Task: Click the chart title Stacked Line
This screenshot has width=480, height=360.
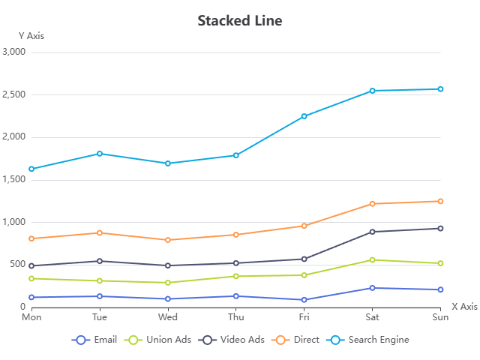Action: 240,20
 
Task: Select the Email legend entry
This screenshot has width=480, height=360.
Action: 95,340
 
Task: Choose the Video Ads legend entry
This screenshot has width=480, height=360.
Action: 231,340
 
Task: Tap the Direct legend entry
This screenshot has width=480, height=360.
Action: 297,340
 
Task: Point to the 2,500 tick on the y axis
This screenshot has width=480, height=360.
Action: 14,94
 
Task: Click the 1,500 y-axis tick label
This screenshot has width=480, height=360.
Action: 14,180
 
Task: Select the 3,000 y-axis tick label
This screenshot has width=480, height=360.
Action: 14,52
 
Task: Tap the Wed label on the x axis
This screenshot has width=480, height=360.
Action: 168,317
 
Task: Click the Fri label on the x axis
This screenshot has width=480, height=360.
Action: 304,317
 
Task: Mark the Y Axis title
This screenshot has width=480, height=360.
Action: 31,35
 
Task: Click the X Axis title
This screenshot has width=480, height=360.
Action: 464,307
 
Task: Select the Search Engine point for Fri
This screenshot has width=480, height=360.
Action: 304,116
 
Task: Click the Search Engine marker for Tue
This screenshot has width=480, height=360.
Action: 100,154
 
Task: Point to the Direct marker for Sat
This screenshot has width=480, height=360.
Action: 372,204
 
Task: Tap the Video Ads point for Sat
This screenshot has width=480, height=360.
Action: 372,232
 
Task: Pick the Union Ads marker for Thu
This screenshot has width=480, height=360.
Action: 235,276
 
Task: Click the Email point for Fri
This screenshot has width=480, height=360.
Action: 304,300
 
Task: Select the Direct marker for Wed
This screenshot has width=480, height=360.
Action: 168,240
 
